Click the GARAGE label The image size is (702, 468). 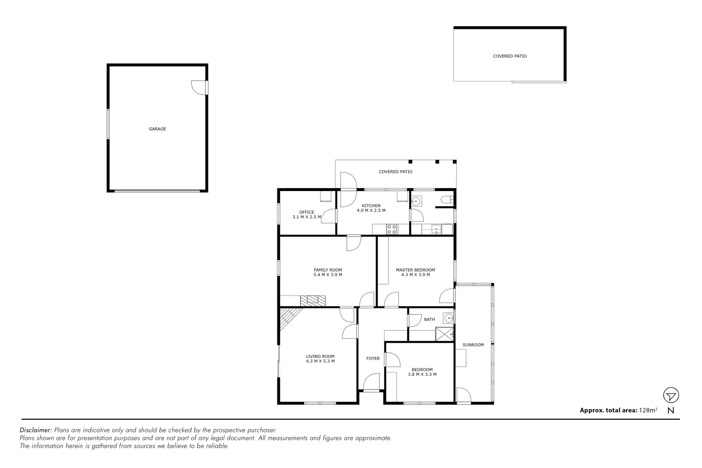pyautogui.click(x=157, y=129)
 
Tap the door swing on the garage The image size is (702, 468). pyautogui.click(x=199, y=88)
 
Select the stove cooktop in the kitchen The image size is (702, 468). pyautogui.click(x=392, y=229)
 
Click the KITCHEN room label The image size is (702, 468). pyautogui.click(x=371, y=206)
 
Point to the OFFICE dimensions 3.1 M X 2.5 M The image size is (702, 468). pyautogui.click(x=307, y=217)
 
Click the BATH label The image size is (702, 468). pyautogui.click(x=429, y=320)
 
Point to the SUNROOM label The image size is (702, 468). pyautogui.click(x=473, y=345)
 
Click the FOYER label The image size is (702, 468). pyautogui.click(x=373, y=358)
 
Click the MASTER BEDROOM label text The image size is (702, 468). pyautogui.click(x=415, y=270)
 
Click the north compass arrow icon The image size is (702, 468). pyautogui.click(x=671, y=396)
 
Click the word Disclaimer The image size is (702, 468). pyautogui.click(x=36, y=430)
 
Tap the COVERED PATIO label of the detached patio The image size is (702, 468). pyautogui.click(x=510, y=56)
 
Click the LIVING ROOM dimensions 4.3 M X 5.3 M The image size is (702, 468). pyautogui.click(x=320, y=361)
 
